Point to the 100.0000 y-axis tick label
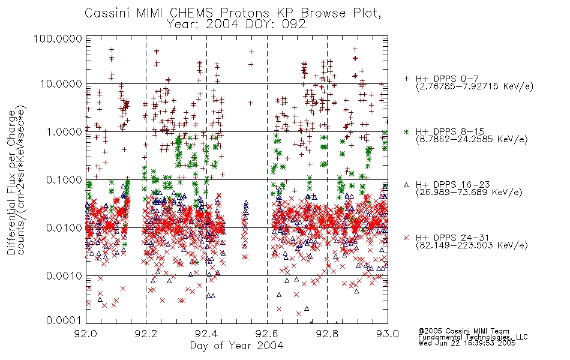coord(58,38)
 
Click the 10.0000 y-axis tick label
coord(61,84)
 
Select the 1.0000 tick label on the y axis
coord(64,131)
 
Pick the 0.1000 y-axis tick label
coord(64,179)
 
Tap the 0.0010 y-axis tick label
coord(64,276)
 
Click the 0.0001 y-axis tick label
coord(64,320)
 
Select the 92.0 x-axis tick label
coord(86,334)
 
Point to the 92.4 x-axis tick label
coord(207,334)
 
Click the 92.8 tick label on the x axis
coord(327,334)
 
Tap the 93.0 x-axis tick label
coord(388,334)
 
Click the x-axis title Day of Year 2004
coord(236,346)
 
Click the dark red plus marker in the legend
coord(406,79)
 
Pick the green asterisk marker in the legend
coord(406,131)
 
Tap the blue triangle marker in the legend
coord(406,185)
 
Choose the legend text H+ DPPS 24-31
coord(452,238)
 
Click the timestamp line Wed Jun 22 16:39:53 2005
coord(467,343)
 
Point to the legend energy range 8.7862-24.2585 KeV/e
coord(472,139)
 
